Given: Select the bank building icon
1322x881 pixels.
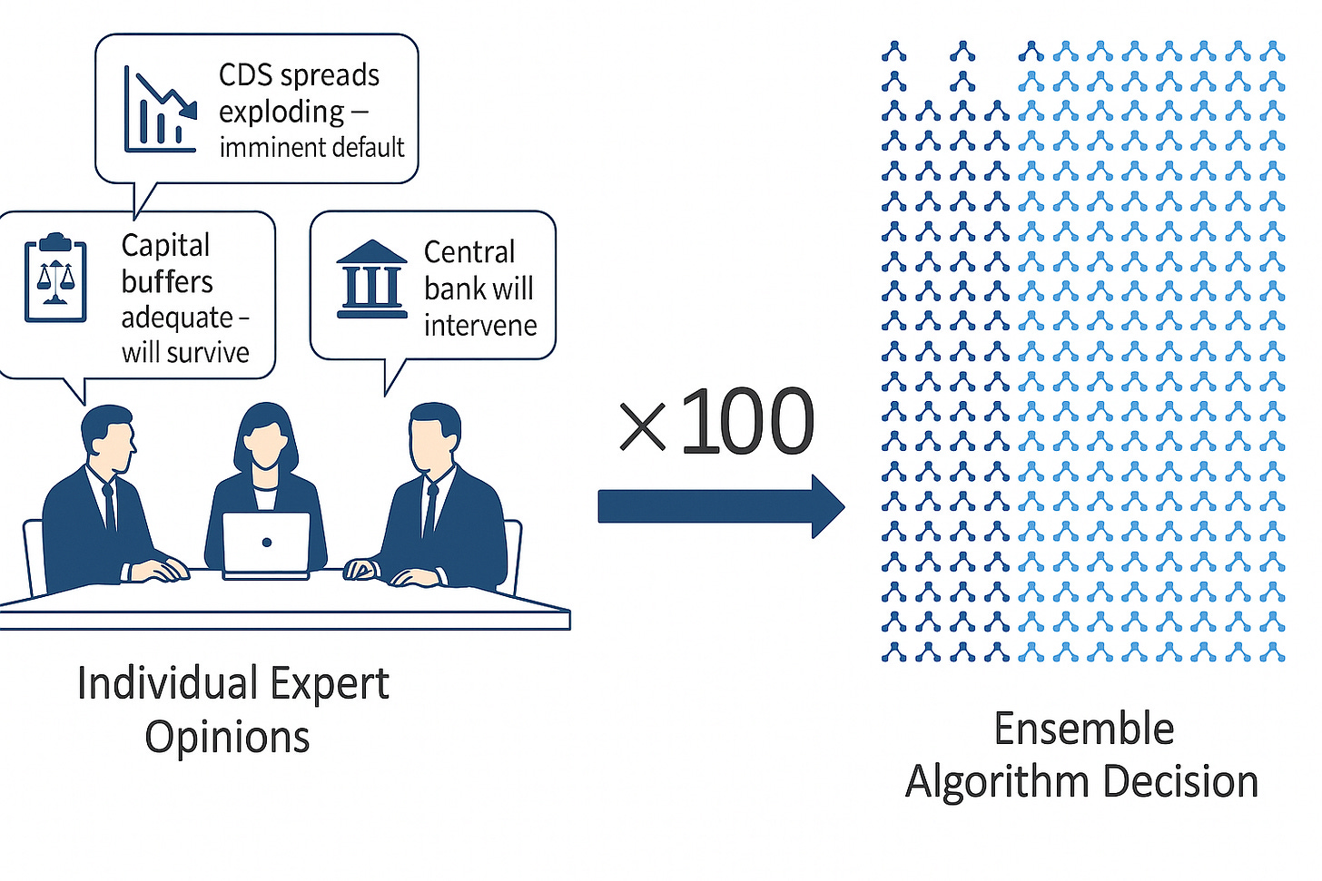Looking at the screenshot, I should pos(371,279).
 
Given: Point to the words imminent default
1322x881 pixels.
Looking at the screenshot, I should pos(311,147).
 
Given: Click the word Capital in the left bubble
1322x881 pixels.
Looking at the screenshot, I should pos(165,246).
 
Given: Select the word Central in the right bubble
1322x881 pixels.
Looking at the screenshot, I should pos(469,251).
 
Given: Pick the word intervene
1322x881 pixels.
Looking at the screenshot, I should pos(480,325).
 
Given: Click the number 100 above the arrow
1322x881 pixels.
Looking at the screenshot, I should pos(746,422).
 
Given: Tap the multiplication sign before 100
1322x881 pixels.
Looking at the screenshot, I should pos(642,427).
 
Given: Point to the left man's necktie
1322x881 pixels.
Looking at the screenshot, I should pos(109,508).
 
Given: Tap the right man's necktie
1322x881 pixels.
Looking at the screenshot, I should pos(429,510).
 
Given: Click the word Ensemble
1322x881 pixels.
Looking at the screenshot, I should pos(1083,729).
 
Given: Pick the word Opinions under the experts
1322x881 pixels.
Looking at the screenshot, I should pos(227,737).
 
